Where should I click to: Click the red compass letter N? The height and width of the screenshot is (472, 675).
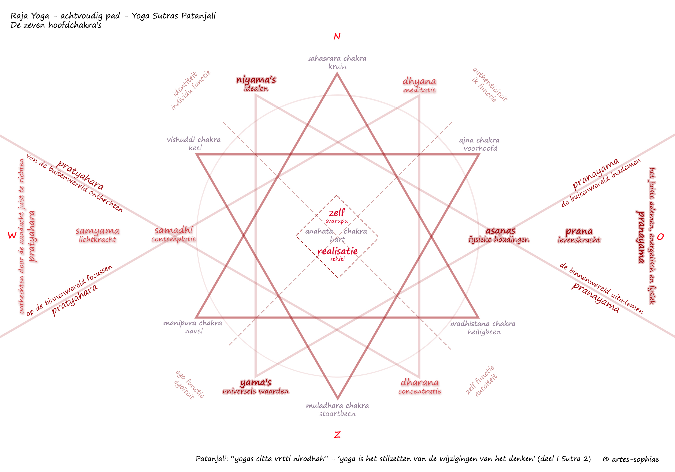337,36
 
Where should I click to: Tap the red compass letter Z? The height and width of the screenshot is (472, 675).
337,434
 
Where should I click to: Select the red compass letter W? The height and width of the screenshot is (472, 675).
12,235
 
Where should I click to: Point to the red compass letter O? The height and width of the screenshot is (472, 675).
660,237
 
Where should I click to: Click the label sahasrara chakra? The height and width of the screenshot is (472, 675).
337,58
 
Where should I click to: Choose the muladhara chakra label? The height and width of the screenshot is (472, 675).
337,405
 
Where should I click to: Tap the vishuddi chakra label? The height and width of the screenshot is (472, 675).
194,139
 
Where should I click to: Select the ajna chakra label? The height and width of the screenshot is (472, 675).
479,140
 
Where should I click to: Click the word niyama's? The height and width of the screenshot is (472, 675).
256,80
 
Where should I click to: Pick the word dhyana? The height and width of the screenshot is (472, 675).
419,81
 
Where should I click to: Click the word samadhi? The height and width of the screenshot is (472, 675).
173,230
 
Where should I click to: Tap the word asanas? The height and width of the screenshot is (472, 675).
500,231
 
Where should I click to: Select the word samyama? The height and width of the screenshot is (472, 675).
97,231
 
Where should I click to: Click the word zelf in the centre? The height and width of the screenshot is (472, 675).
337,212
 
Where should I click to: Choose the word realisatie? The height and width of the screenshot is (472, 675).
337,251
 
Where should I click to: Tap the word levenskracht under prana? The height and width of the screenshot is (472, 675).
579,240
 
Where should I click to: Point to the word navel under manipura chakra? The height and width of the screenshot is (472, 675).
194,331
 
